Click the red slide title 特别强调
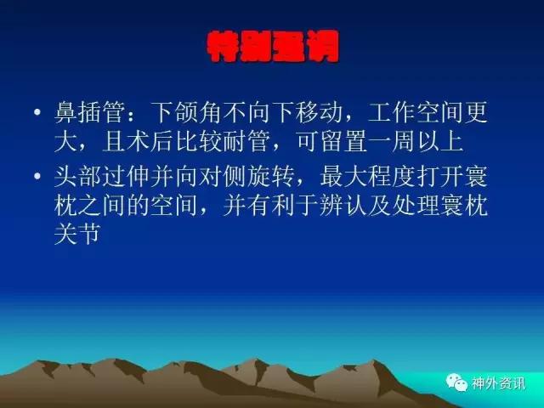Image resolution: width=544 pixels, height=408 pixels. (272, 47)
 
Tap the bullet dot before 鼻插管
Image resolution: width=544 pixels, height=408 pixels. (37, 112)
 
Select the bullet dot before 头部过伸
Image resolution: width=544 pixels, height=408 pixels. (37, 176)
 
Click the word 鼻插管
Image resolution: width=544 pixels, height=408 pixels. (89, 112)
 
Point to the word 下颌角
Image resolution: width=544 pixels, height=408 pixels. (187, 112)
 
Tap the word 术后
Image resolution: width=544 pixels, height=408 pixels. (150, 141)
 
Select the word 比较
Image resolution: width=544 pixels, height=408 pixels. (199, 141)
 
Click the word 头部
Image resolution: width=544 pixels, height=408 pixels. (77, 176)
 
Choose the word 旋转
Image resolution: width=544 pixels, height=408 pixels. (271, 176)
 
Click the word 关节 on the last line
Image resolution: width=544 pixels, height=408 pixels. (77, 234)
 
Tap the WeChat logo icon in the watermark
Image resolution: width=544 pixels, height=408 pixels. (456, 382)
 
